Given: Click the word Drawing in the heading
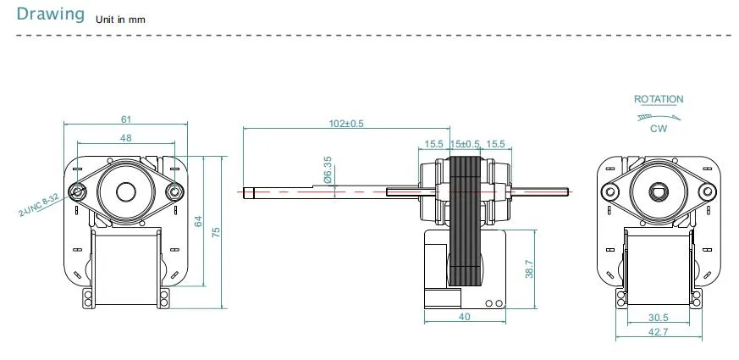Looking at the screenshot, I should click(51, 14).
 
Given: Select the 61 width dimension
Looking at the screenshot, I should click(124, 119).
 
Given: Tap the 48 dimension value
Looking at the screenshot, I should click(124, 138).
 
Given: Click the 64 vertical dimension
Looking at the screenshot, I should click(198, 221).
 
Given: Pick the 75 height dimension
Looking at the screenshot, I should click(216, 232).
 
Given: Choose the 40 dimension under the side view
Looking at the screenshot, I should click(464, 317).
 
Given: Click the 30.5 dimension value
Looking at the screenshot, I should click(658, 318).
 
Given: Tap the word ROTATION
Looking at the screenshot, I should click(658, 99).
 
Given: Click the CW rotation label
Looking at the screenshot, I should click(658, 129).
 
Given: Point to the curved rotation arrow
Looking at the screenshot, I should click(657, 115).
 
